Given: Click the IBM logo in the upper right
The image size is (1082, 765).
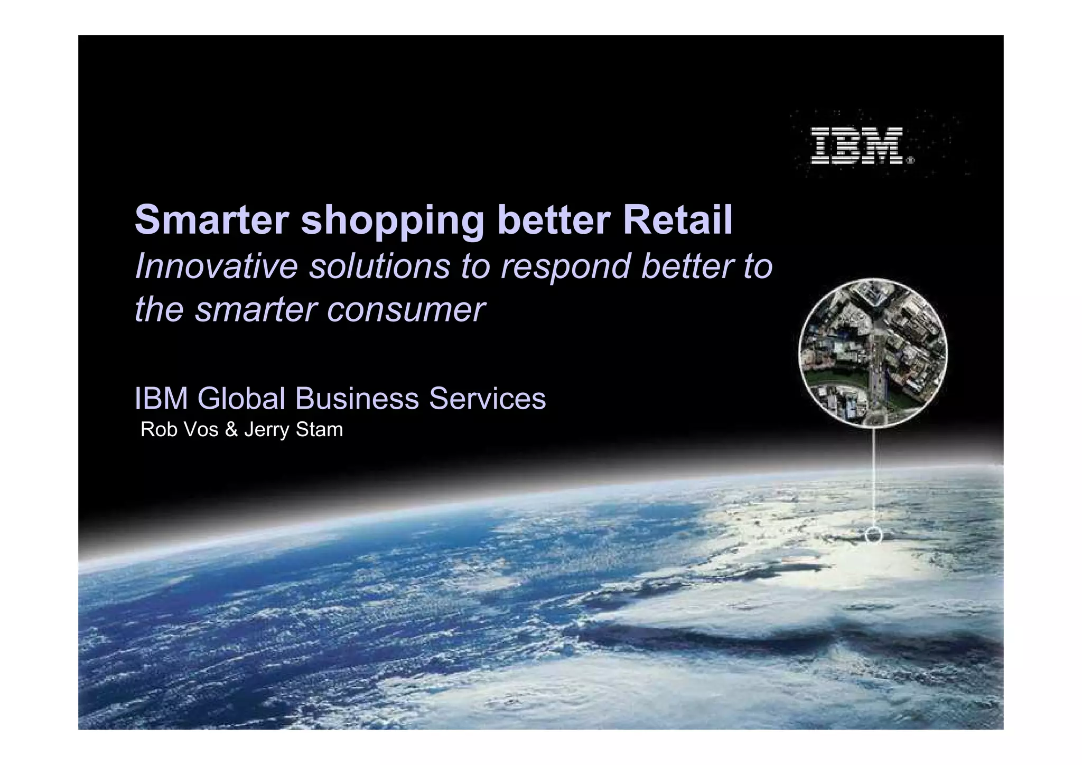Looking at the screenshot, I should pos(856,146).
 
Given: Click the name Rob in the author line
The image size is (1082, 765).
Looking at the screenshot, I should pos(158,429).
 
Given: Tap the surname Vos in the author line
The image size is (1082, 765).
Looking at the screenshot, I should pos(200,429).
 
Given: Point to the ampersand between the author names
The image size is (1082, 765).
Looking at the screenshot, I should pos(231,429).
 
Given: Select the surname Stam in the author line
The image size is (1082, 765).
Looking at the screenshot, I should pos(319,429).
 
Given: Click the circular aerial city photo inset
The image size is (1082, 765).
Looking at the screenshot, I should pos(873,352).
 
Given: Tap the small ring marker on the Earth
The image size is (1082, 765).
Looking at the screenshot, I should pos(874,536).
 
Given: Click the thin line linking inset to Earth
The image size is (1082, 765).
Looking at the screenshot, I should pos(874,476).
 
